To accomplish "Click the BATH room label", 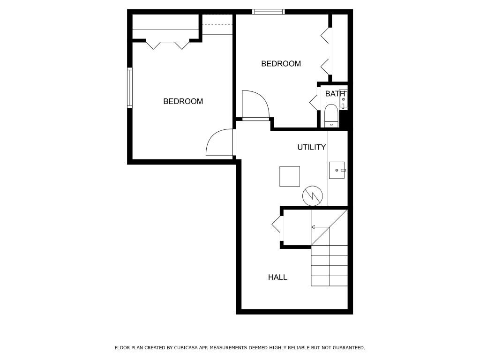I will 335,94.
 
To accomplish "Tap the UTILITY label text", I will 311,147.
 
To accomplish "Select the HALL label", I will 277,277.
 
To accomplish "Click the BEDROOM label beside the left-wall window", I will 183,101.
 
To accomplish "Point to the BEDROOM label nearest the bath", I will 281,64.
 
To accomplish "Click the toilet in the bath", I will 331,115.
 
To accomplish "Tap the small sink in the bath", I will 343,99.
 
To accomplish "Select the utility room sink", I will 337,170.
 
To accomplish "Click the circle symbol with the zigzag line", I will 313,195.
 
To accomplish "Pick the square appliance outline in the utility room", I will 290,176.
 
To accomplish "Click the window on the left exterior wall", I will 130,88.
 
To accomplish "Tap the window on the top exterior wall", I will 268,12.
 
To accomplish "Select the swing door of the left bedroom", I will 219,143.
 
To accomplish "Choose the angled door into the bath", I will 314,102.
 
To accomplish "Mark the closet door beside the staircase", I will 277,225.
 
